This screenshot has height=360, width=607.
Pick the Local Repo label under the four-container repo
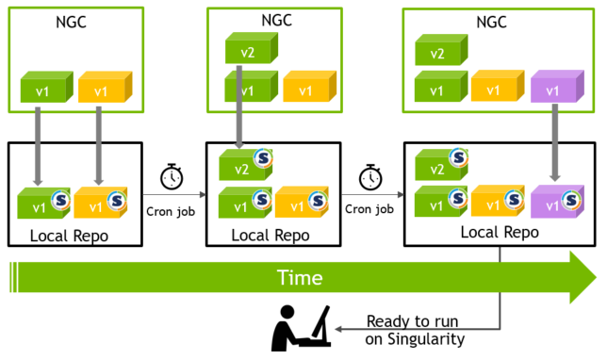point(499,232)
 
